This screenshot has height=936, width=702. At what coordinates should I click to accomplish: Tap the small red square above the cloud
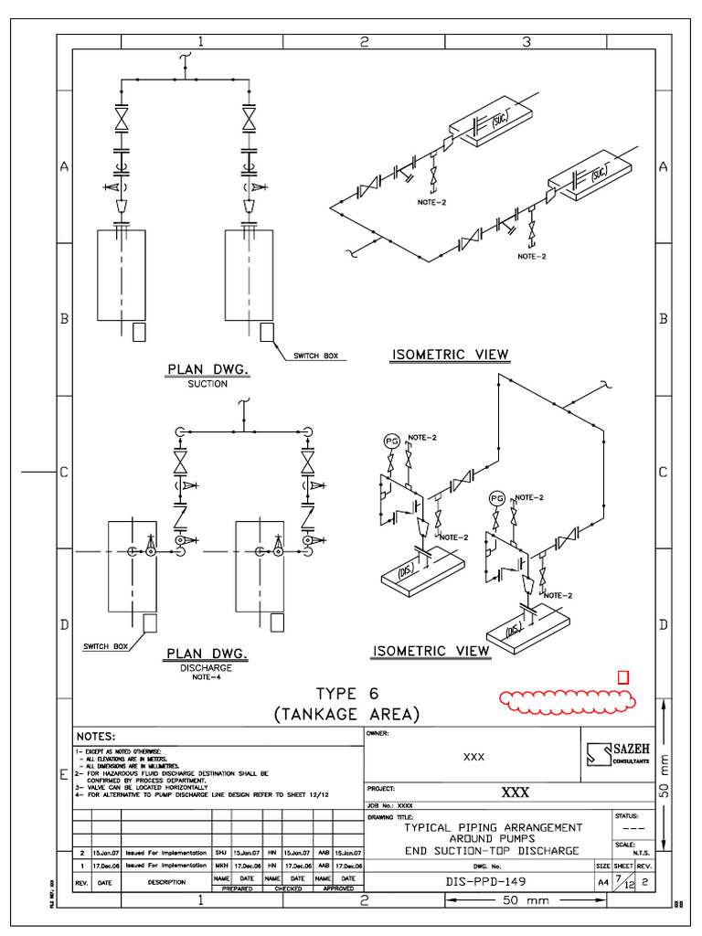(x=623, y=677)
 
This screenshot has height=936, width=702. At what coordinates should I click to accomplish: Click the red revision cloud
(x=568, y=700)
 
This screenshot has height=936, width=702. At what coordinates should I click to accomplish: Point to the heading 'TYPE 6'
(x=346, y=693)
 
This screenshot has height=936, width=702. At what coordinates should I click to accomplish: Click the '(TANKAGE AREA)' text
(x=346, y=714)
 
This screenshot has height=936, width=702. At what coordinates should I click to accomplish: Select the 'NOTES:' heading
(x=95, y=736)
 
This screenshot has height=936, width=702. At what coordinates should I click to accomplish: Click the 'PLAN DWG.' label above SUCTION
(x=207, y=369)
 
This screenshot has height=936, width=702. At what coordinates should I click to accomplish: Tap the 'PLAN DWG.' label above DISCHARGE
(x=207, y=654)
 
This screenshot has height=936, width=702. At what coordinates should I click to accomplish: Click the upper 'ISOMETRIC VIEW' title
(x=450, y=355)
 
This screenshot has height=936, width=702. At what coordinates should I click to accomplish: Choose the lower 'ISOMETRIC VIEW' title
(x=431, y=651)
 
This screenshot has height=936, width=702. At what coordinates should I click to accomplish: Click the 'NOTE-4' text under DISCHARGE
(x=207, y=677)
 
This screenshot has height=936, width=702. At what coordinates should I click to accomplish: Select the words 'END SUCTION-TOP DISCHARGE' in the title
(x=494, y=851)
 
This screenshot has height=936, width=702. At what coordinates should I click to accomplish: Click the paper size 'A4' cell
(x=602, y=883)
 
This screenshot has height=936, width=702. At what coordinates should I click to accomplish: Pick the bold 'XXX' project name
(x=514, y=792)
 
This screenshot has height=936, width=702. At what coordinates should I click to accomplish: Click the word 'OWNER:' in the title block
(x=378, y=733)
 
